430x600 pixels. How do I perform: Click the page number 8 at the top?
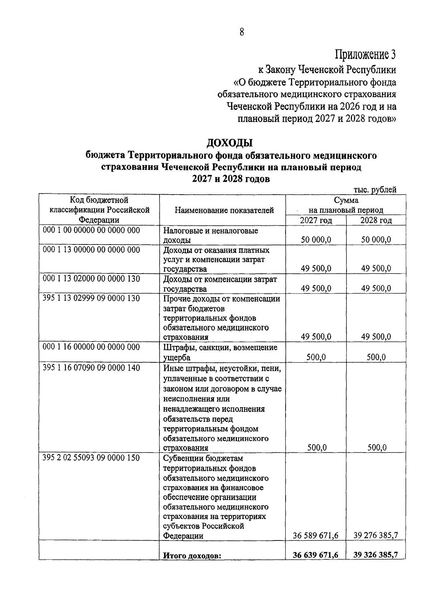pyautogui.click(x=242, y=32)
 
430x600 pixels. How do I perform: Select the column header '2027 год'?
pyautogui.click(x=316, y=220)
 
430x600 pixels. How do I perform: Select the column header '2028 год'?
pyautogui.click(x=376, y=220)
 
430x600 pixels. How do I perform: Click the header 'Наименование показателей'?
pyautogui.click(x=224, y=210)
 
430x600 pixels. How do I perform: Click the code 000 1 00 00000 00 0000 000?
pyautogui.click(x=91, y=230)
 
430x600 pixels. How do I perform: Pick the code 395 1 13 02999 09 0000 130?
pyautogui.click(x=91, y=298)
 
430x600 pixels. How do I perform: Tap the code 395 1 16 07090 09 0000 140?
pyautogui.click(x=91, y=368)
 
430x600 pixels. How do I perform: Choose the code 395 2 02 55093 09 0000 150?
pyautogui.click(x=91, y=458)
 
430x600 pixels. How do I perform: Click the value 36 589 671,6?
pyautogui.click(x=316, y=535)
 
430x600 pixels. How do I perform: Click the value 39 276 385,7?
pyautogui.click(x=376, y=535)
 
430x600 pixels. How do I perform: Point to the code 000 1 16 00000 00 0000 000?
pyautogui.click(x=91, y=347)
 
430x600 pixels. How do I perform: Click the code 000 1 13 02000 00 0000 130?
pyautogui.click(x=91, y=278)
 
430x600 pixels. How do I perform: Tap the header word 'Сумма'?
pyautogui.click(x=346, y=200)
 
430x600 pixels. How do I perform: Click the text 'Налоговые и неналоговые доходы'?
pyautogui.click(x=211, y=235)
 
